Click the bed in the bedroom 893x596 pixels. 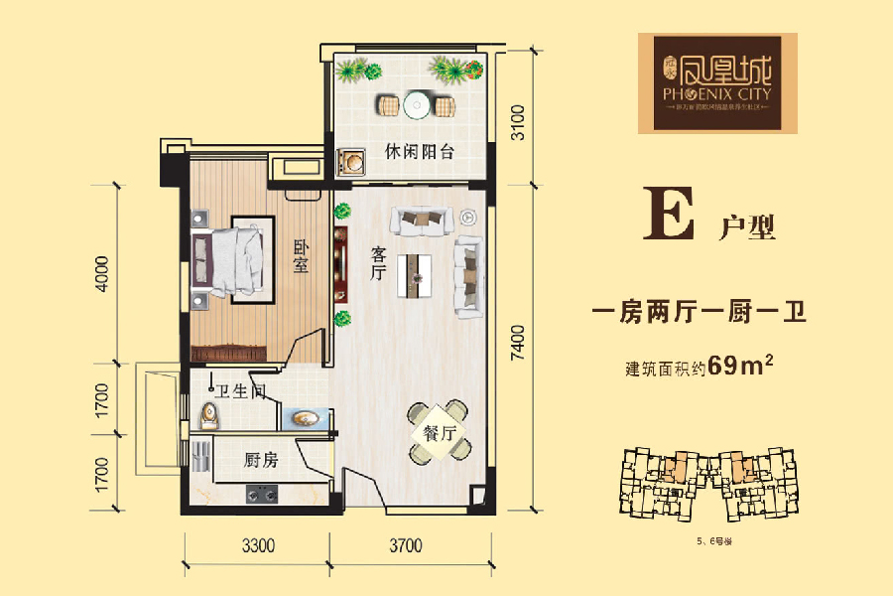(x=230, y=257)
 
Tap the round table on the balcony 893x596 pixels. (x=415, y=102)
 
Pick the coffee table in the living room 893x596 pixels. (x=414, y=274)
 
